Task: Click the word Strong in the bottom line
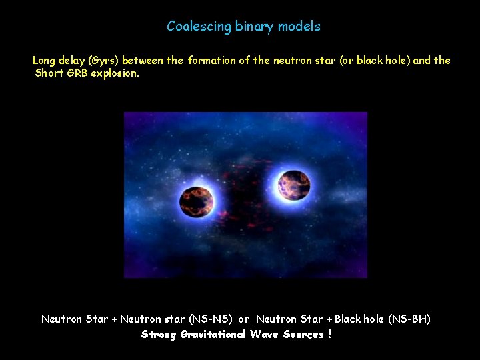click(x=158, y=334)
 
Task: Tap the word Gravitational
click(x=213, y=334)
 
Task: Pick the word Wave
click(x=265, y=334)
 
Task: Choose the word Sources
click(x=303, y=334)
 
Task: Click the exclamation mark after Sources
click(x=329, y=334)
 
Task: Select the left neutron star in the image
click(x=197, y=201)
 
